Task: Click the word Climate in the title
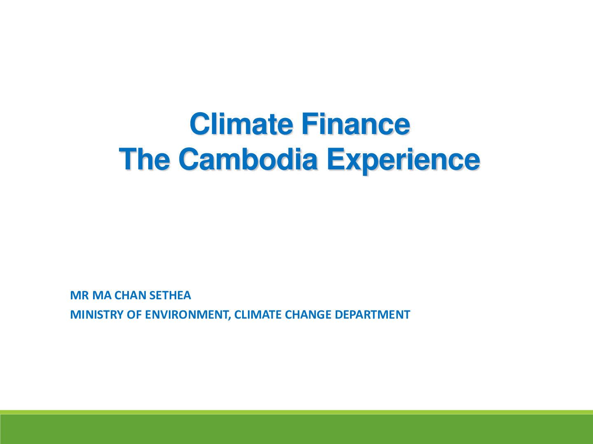[241, 124]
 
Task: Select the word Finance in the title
[356, 124]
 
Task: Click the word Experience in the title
[403, 161]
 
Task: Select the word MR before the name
[79, 295]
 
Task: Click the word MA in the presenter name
[102, 295]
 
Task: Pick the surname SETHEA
[170, 295]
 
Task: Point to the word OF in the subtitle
[134, 314]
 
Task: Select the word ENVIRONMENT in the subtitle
[187, 314]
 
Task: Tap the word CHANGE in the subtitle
[308, 314]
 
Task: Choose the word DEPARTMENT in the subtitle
[372, 314]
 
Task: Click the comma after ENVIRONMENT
[229, 318]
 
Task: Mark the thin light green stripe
[296, 412]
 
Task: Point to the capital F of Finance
[310, 124]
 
